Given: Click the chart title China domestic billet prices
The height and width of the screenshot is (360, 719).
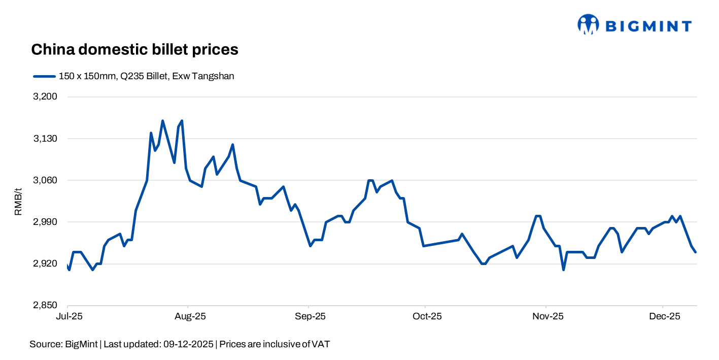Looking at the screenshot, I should (134, 50).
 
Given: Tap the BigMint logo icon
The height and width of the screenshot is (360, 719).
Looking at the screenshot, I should (588, 25).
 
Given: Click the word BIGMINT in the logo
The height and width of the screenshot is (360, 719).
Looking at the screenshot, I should (649, 26).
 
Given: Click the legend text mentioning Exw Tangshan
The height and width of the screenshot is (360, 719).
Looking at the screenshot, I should (146, 77).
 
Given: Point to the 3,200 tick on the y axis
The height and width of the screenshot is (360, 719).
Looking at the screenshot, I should (46, 97).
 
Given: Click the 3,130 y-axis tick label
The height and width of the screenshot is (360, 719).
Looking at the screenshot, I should (46, 139).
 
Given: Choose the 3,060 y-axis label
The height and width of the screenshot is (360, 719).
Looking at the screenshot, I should (46, 180).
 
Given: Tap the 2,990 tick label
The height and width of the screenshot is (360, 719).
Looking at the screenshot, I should (46, 222).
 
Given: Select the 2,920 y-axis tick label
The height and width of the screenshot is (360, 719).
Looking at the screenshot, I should (46, 264).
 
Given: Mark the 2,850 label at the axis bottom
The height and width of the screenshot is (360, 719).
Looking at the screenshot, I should (46, 306).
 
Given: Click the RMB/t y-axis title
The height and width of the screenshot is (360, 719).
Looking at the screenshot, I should (18, 201).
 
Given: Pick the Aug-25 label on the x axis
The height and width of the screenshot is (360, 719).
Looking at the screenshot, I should (188, 316).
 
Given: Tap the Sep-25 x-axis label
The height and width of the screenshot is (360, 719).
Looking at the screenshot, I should (309, 316).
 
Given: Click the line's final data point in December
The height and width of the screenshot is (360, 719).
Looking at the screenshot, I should (695, 252).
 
